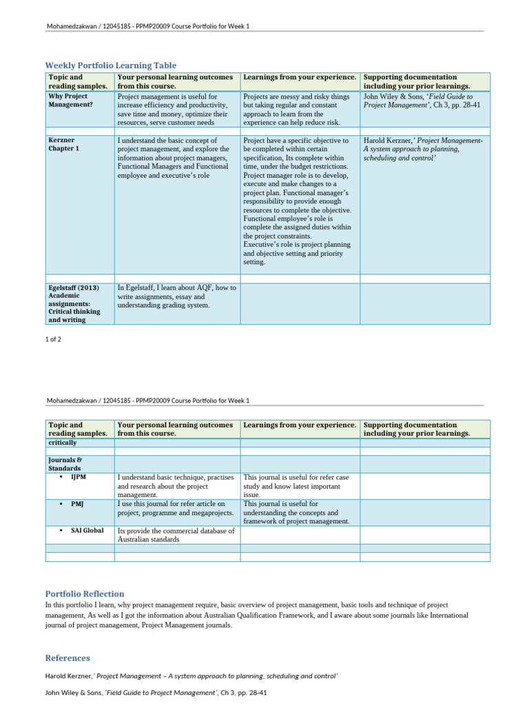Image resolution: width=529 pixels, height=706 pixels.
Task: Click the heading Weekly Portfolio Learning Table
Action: tap(111, 64)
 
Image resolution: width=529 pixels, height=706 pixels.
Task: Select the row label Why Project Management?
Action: tap(68, 101)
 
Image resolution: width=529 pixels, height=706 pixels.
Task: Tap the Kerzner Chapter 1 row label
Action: tap(63, 144)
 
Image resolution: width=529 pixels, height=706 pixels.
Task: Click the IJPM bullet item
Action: tap(78, 476)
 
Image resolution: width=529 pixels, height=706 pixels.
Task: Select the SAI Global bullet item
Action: tap(87, 530)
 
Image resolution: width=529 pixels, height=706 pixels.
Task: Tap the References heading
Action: tap(68, 658)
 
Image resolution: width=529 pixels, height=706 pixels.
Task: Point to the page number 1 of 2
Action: tap(55, 339)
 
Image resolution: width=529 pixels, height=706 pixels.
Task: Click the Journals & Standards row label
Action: tap(65, 463)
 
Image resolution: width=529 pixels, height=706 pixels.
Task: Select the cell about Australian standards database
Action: tap(176, 535)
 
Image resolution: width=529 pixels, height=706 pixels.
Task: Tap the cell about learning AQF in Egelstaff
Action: tap(177, 296)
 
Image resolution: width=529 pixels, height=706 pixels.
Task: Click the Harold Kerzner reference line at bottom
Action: tap(191, 676)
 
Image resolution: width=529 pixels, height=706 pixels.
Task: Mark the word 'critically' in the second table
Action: tap(63, 443)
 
